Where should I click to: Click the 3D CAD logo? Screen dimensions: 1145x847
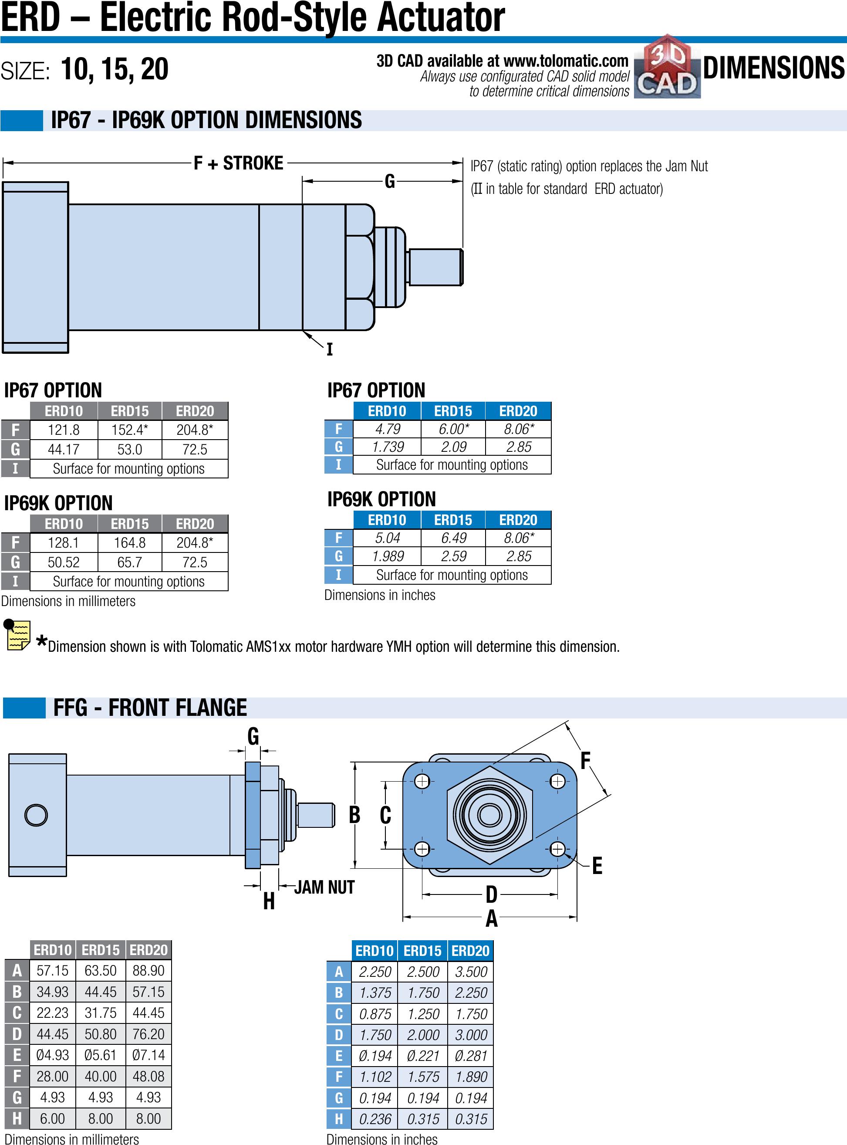pos(667,67)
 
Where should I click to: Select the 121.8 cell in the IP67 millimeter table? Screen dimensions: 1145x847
pos(64,430)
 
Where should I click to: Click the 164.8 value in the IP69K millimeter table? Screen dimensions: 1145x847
pos(129,543)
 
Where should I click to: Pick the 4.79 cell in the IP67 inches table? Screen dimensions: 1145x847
pos(387,429)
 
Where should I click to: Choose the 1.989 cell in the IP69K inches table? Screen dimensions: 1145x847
pos(388,556)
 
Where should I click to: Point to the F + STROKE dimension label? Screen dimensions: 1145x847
pos(238,163)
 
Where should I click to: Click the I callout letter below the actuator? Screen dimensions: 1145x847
pos(329,349)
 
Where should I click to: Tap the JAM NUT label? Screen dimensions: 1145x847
pos(324,887)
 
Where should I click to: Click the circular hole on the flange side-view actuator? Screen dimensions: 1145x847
pos(36,815)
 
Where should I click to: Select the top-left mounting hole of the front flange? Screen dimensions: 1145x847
pos(422,782)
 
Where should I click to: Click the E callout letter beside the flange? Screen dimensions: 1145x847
pos(597,865)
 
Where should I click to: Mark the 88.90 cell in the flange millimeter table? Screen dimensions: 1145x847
pos(148,971)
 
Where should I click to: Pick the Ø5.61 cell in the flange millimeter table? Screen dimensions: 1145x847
pos(101,1055)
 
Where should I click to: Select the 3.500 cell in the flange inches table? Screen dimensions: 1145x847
pos(471,972)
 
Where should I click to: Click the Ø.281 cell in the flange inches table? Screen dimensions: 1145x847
pos(471,1056)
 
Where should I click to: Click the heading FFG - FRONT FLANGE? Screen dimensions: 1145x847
pos(150,708)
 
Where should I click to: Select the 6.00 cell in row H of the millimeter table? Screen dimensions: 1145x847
pos(52,1118)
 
